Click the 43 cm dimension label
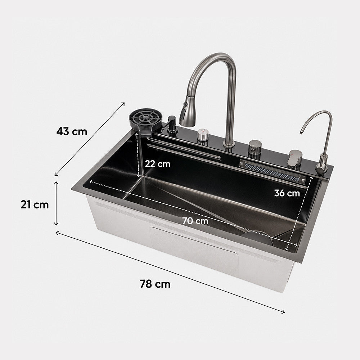click(x=72, y=131)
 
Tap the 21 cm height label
click(x=35, y=204)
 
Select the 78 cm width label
click(x=155, y=284)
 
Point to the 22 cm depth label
click(x=158, y=164)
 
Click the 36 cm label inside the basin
click(x=287, y=193)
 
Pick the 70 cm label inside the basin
click(x=195, y=221)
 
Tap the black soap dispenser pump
click(x=172, y=125)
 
